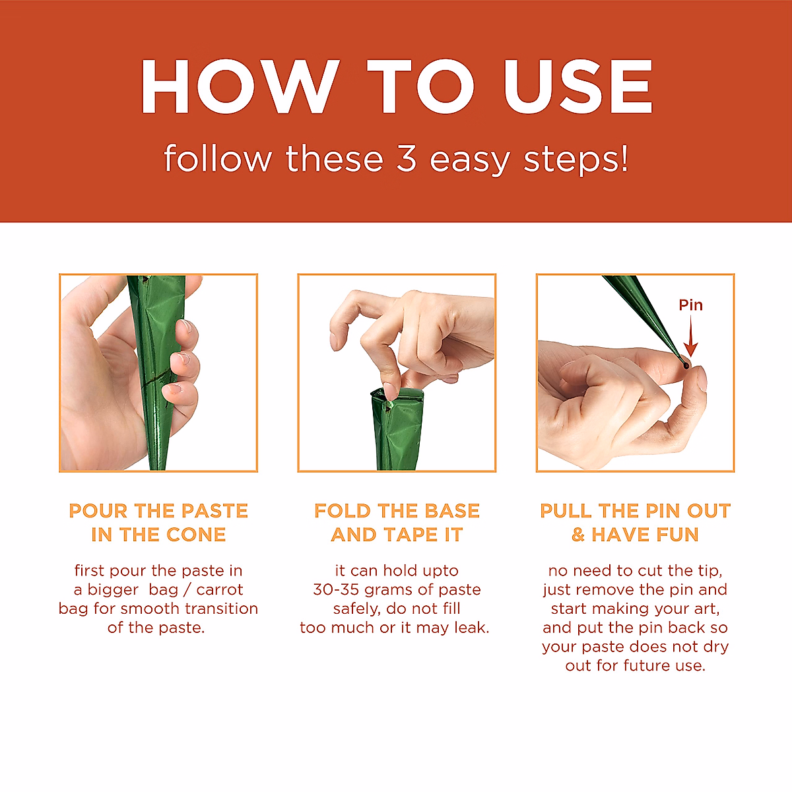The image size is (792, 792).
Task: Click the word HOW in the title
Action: (x=240, y=86)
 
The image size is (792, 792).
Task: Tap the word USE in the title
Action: (x=577, y=86)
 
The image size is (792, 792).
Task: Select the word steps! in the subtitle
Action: (x=576, y=160)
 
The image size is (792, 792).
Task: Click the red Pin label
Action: (x=690, y=305)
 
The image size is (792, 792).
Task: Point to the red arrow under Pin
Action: (x=691, y=335)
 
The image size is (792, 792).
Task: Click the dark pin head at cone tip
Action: (x=685, y=364)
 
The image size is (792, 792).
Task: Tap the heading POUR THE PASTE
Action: (x=158, y=511)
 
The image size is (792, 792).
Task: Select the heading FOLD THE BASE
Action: (x=397, y=511)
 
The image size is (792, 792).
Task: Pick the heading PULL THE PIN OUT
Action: (x=635, y=511)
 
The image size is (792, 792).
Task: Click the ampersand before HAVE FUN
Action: (x=578, y=535)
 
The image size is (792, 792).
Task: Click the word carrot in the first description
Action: (x=220, y=590)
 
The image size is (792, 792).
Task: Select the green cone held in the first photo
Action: (x=157, y=370)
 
